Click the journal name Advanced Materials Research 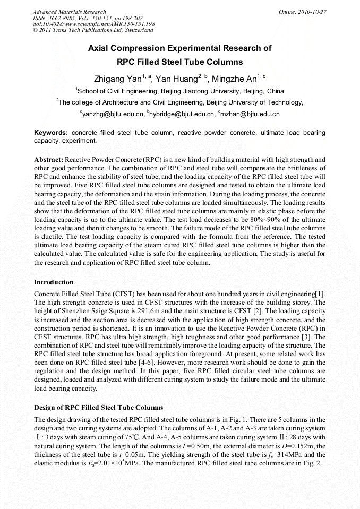69,11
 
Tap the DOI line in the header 93,24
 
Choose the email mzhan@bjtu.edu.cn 250,114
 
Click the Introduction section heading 54,282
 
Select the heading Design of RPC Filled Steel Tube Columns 98,408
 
